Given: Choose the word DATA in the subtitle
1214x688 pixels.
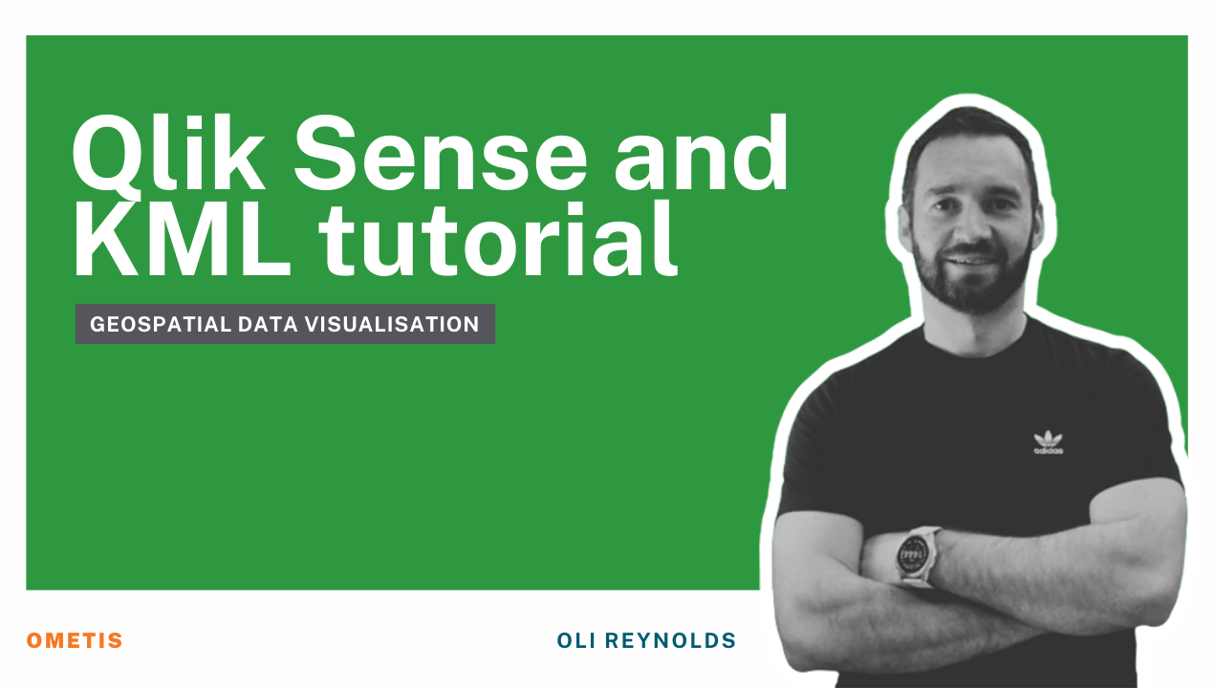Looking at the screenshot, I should [268, 325].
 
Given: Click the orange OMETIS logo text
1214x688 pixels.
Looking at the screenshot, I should [75, 640].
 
